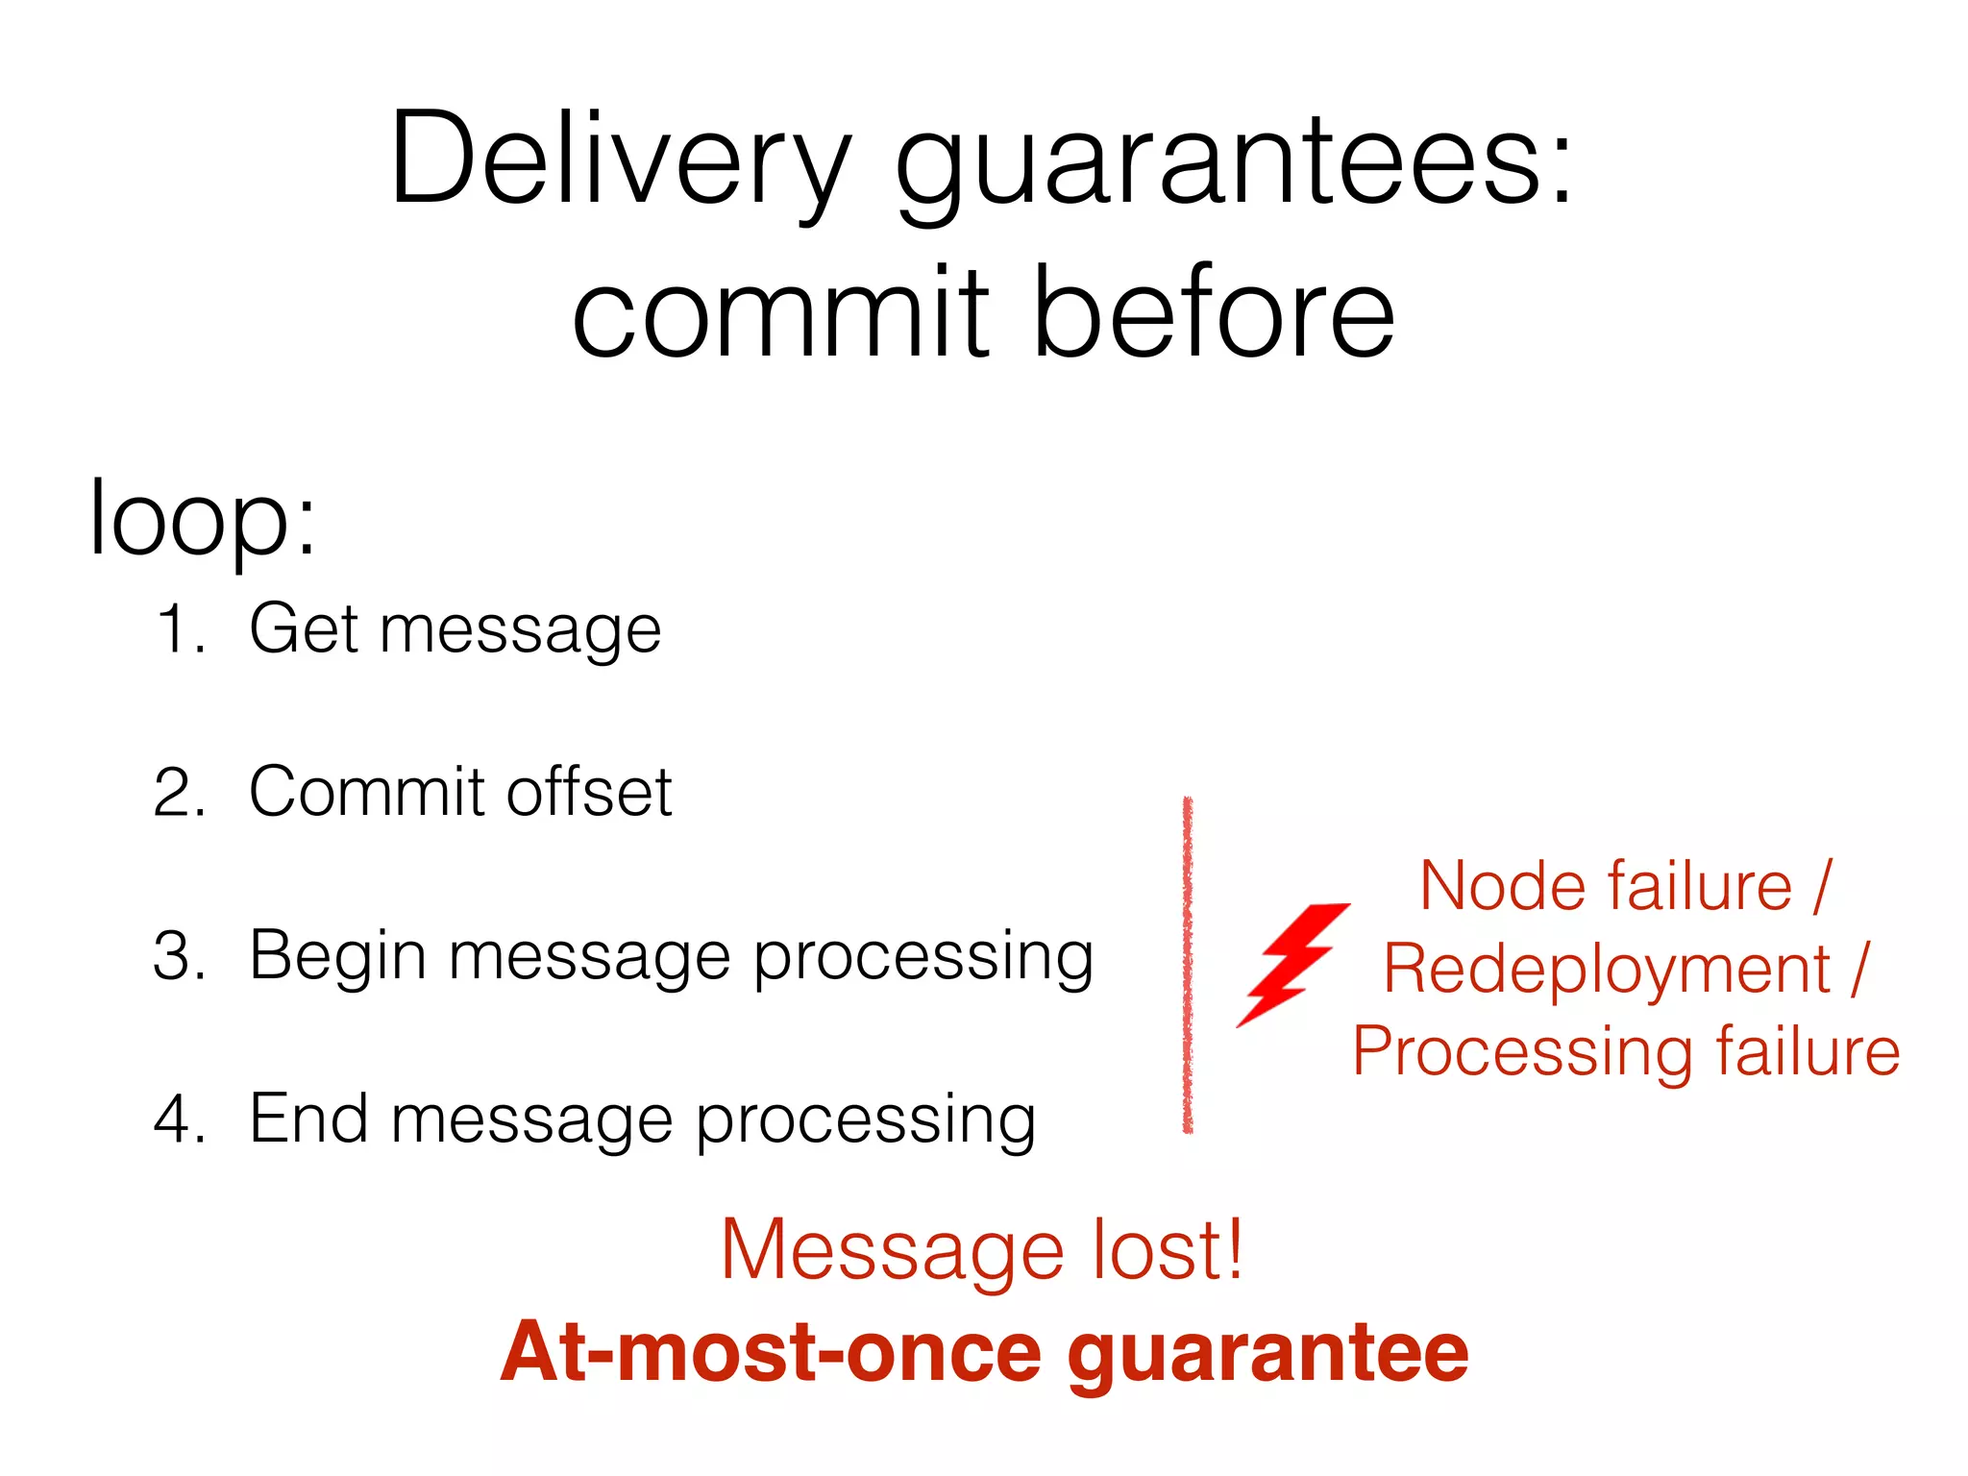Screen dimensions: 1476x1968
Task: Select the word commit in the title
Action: click(x=780, y=313)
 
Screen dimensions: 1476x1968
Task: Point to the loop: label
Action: click(x=202, y=519)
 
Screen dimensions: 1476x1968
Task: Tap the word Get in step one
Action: click(x=305, y=629)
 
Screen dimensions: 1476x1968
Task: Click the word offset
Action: click(x=589, y=793)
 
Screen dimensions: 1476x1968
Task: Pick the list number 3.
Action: click(x=179, y=956)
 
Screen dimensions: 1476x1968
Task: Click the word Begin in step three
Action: click(x=336, y=956)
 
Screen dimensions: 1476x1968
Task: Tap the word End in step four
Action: click(x=307, y=1119)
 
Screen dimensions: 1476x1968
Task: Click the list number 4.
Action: click(x=179, y=1119)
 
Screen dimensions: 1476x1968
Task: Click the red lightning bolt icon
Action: click(x=1292, y=964)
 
